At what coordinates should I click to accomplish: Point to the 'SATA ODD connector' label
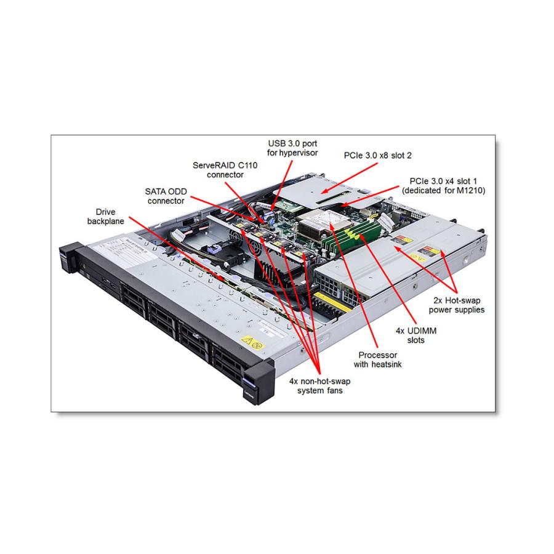(166, 196)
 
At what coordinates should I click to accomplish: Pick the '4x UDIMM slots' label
(411, 335)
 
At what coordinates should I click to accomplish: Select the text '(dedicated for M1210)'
(443, 191)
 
